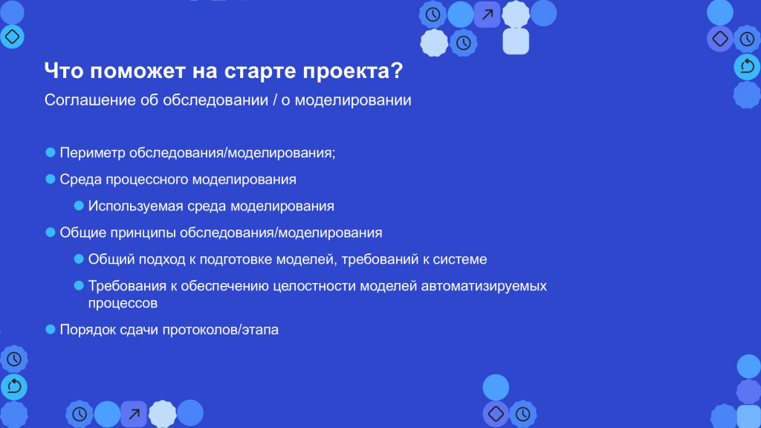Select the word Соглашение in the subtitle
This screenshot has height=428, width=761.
coord(90,100)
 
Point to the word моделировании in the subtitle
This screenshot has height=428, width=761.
coord(353,100)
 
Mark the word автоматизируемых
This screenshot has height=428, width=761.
coord(484,286)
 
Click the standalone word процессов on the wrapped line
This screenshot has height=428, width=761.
coord(123,304)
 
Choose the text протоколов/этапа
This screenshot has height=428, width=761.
coord(220,330)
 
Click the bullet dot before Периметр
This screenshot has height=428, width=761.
coord(51,152)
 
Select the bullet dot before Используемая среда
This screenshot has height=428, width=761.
coord(79,206)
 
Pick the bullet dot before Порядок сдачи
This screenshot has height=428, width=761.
coord(51,329)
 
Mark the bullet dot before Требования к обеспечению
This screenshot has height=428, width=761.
coord(79,286)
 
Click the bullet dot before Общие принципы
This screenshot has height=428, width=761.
coord(51,233)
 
